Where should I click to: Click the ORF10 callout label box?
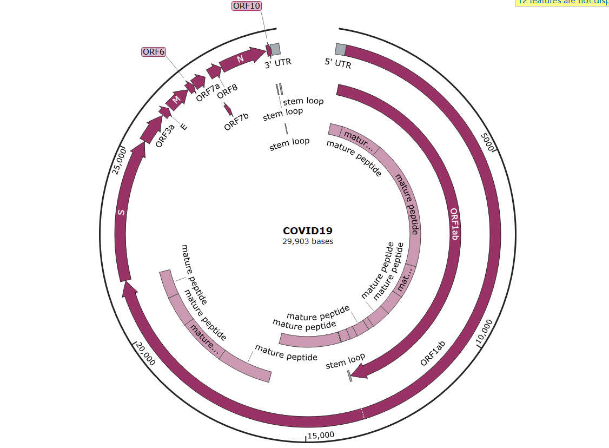point(247,6)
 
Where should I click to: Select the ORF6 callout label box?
point(154,52)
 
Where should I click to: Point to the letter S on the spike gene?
point(121,212)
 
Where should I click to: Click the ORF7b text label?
point(236,124)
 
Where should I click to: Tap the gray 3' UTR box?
point(275,49)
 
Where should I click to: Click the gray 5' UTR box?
point(340,49)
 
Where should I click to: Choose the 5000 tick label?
point(488,143)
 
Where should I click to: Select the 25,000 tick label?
point(120,161)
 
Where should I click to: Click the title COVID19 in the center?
point(308,231)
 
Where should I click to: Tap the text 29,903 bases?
point(308,242)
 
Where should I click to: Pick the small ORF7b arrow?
point(228,110)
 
